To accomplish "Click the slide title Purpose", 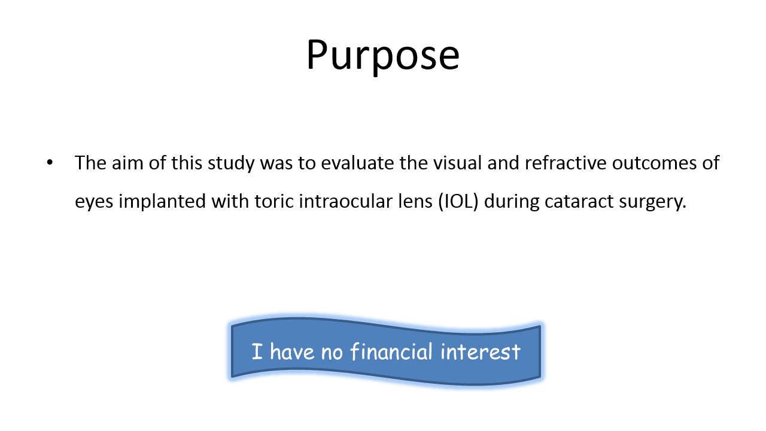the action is point(382,56).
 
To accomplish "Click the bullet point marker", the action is point(50,163).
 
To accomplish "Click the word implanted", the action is point(162,202).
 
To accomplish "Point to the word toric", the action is point(274,201).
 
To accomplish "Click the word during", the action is point(511,202).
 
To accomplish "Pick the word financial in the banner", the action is point(391,351).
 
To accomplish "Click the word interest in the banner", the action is point(481,351).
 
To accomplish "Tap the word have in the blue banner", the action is point(291,351).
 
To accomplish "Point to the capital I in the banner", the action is point(257,351).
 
